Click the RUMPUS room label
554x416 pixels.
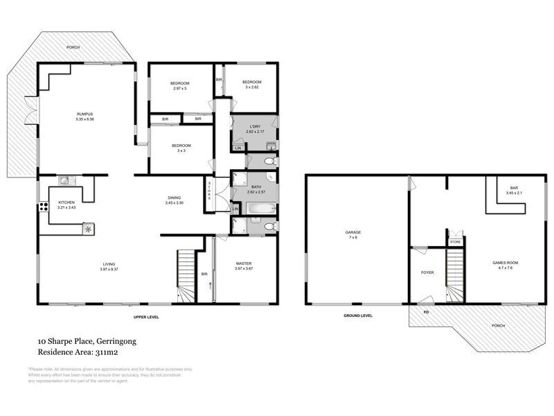(85, 114)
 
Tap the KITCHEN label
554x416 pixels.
(66, 202)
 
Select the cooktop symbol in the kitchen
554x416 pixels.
(88, 228)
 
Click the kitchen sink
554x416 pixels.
(64, 181)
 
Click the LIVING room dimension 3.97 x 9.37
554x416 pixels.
(109, 269)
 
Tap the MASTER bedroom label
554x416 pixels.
(244, 264)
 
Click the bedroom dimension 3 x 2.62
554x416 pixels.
(250, 88)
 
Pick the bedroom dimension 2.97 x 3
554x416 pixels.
(180, 88)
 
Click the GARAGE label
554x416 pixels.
(353, 232)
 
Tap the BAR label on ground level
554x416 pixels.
(514, 187)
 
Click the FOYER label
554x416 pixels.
(427, 272)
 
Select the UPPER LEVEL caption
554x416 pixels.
(147, 316)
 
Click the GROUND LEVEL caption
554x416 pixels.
(358, 315)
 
